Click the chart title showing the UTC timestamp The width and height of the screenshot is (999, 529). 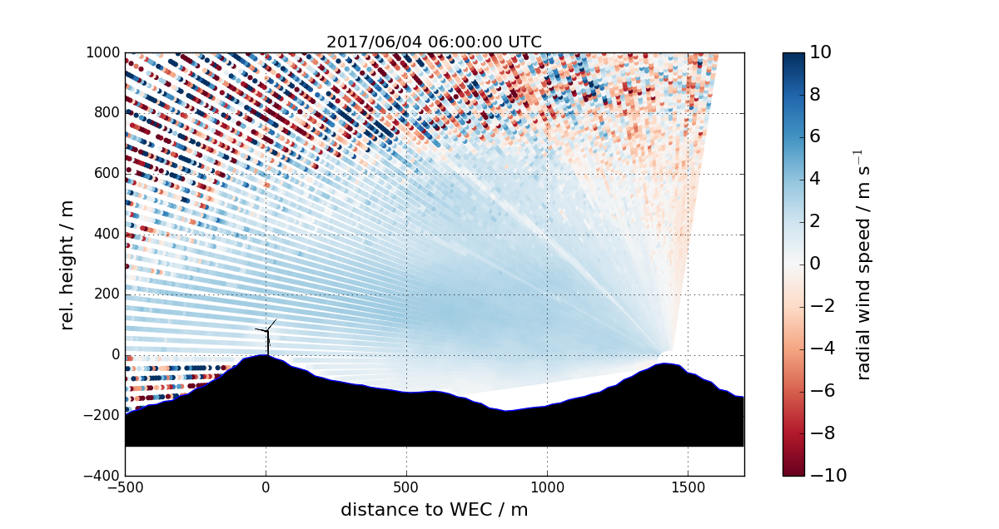434,42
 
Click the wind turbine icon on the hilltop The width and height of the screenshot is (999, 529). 267,338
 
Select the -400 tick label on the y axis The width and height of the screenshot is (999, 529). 104,476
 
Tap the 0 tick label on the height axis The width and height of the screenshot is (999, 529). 116,355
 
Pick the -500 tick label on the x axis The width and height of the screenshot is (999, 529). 125,488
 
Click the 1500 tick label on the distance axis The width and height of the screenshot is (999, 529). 688,488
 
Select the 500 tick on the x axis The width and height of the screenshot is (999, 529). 406,488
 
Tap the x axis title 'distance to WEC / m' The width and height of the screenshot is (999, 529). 434,509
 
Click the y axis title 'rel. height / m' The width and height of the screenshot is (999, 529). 68,264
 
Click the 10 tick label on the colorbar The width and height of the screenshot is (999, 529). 820,52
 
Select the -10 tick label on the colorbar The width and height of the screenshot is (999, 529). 824,476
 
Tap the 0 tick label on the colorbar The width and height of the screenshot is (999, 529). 816,264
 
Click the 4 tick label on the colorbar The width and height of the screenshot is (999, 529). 816,179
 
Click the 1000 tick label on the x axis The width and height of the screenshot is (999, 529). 547,488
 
